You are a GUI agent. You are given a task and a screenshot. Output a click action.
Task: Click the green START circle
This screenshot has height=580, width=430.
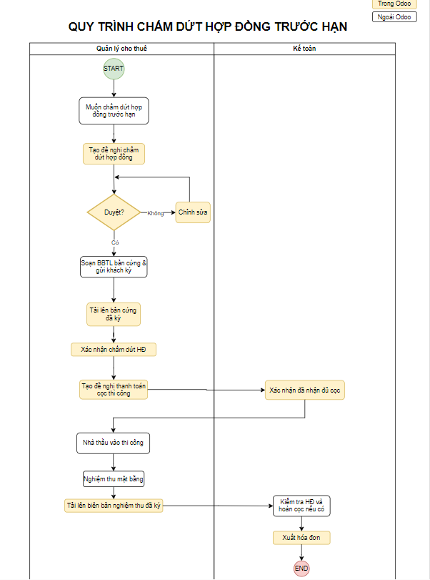click(x=114, y=69)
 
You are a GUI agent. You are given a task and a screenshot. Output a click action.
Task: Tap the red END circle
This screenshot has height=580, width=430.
click(x=301, y=569)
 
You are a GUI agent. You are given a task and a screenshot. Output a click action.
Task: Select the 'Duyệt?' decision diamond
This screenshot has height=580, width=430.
click(x=114, y=212)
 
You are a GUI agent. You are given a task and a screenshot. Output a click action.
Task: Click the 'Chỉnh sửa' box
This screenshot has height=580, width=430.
click(x=193, y=212)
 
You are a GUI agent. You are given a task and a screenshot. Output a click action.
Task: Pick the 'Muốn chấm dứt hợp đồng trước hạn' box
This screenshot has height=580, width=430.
click(x=114, y=111)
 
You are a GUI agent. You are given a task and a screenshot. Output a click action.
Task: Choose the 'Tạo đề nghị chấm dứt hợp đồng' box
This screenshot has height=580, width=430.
click(x=114, y=154)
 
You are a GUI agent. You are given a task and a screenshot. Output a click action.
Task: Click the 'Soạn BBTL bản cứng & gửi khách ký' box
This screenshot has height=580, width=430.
click(x=114, y=267)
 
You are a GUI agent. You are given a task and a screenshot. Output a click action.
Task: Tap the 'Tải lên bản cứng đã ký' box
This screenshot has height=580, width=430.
click(x=114, y=315)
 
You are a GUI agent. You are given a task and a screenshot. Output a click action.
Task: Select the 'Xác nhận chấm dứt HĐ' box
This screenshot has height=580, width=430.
click(x=114, y=350)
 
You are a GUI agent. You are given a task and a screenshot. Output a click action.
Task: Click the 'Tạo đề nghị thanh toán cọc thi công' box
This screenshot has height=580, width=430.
click(x=114, y=390)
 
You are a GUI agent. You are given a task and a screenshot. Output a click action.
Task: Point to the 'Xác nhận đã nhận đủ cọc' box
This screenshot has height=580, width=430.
click(x=305, y=390)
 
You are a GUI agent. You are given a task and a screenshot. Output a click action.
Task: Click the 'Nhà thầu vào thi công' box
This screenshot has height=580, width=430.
click(x=113, y=443)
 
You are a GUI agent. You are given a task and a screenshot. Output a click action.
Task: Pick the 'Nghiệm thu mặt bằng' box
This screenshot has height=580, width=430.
click(x=114, y=479)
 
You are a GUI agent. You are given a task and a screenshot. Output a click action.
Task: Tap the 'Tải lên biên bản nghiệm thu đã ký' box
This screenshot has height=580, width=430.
click(x=114, y=506)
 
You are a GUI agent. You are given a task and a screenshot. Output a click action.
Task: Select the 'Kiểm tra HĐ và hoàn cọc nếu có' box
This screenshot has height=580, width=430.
click(x=301, y=506)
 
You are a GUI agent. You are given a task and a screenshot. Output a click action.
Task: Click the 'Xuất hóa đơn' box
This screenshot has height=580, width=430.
click(x=301, y=538)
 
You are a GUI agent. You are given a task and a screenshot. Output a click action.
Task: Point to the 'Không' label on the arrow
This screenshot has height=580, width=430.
click(x=156, y=213)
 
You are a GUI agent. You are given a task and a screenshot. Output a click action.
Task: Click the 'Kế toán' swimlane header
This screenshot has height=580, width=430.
click(x=304, y=49)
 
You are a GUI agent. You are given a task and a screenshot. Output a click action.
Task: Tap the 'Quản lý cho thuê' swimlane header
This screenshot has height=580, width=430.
click(x=121, y=49)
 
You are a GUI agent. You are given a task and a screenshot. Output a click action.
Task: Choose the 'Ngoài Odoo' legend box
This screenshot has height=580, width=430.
click(x=394, y=17)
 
